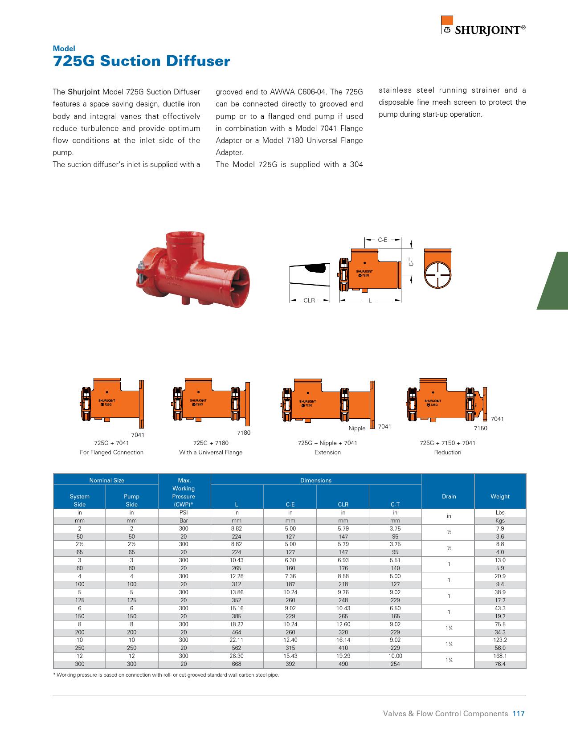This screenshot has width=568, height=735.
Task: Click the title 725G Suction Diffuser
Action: click(141, 61)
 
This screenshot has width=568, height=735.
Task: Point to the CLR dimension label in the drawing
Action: click(309, 301)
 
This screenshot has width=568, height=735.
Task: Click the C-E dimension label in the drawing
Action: click(382, 240)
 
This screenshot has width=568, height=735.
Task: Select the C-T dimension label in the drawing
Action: click(411, 263)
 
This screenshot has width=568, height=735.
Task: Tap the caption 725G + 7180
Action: click(211, 443)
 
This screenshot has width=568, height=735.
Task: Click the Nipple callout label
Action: click(357, 429)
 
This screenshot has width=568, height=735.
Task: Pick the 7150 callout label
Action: click(480, 429)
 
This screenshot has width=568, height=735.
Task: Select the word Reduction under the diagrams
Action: click(447, 453)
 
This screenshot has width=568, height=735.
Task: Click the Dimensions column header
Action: click(316, 480)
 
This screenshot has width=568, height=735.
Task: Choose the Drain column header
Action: click(449, 496)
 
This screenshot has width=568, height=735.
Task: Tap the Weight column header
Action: click(500, 496)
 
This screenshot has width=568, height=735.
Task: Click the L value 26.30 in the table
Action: click(237, 656)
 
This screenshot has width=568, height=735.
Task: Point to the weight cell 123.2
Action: click(500, 640)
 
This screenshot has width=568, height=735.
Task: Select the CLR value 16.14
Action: click(343, 640)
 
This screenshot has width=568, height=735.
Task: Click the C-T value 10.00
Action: click(395, 656)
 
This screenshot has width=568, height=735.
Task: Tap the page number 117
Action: click(519, 714)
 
